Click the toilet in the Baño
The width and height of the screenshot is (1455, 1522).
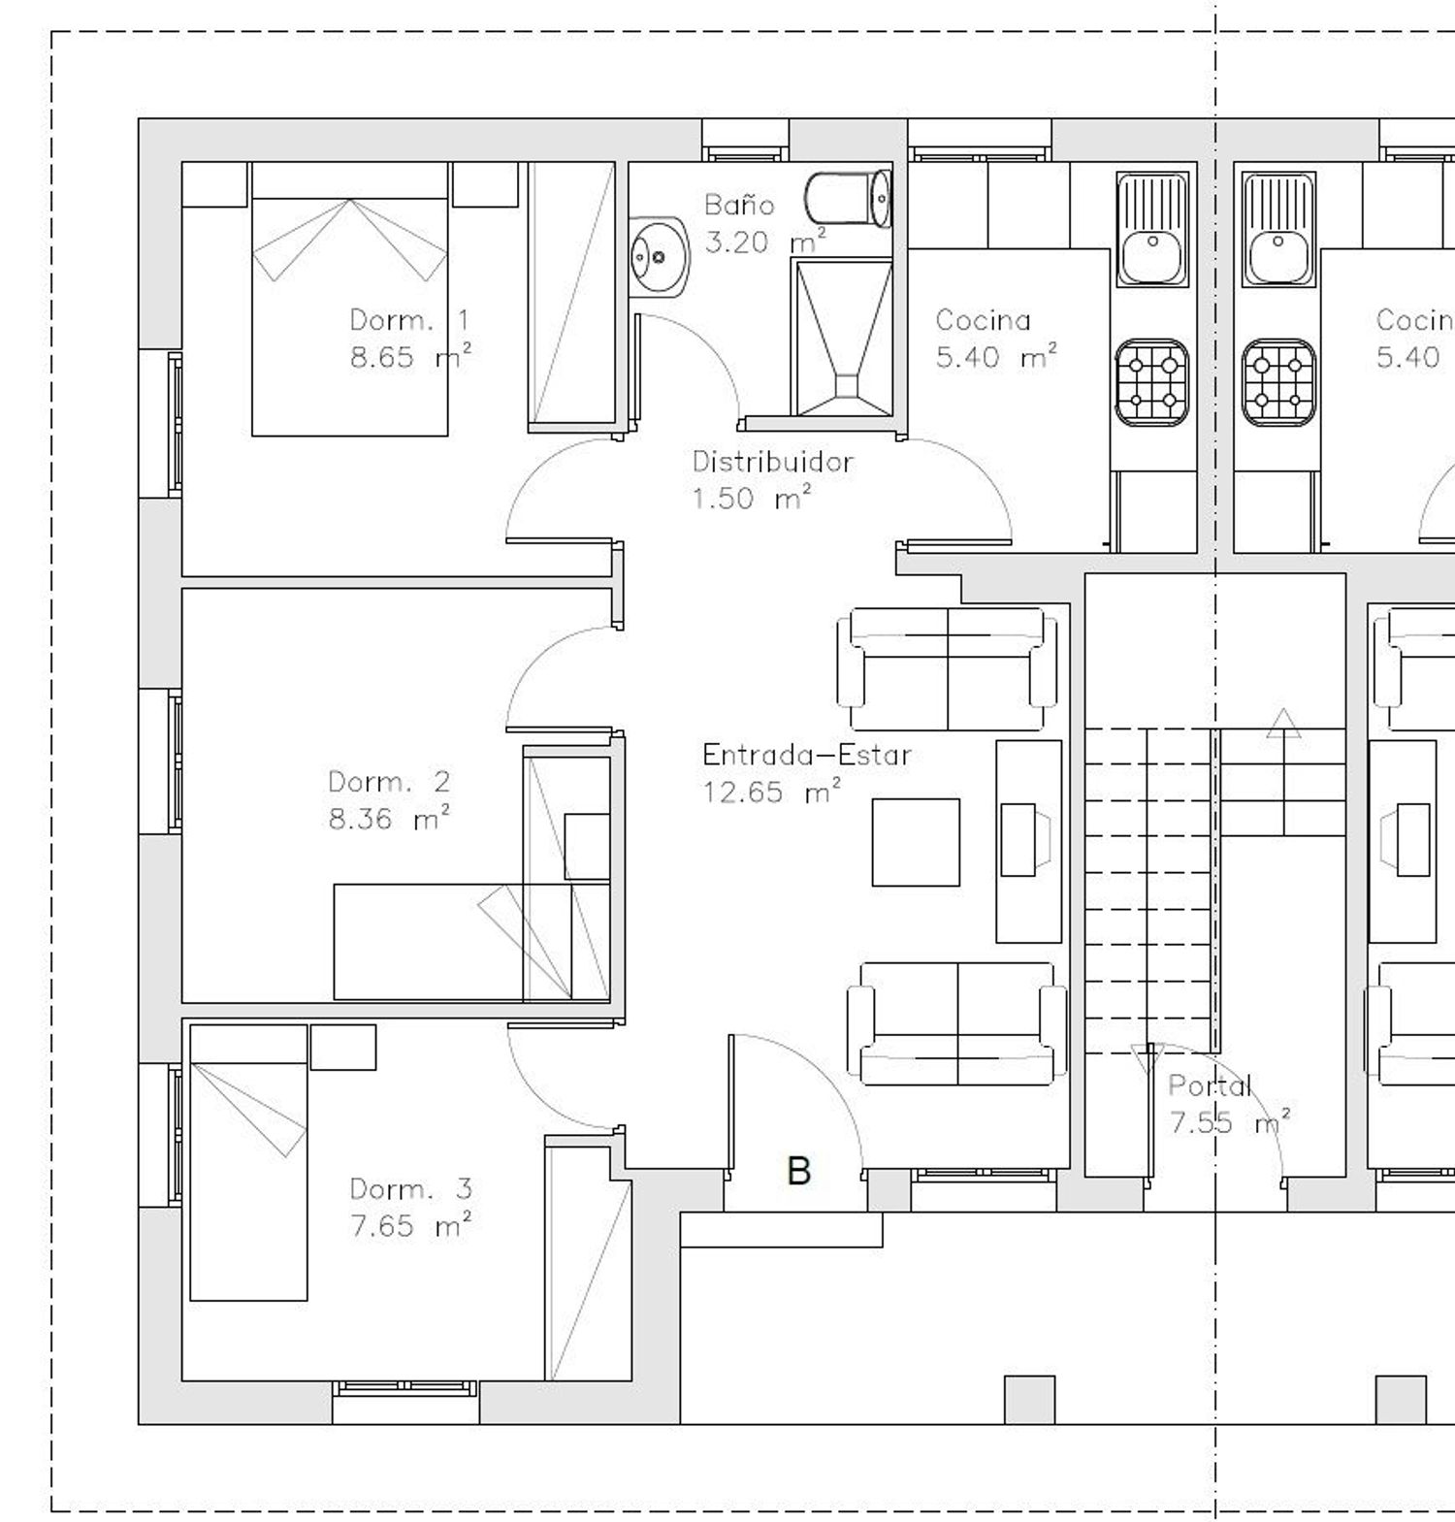tap(848, 199)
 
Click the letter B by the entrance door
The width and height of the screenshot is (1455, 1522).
tap(798, 1171)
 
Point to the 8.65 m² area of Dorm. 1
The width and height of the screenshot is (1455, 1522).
tap(411, 357)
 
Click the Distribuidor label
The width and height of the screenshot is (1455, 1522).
tap(773, 462)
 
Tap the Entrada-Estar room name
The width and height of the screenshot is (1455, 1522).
tap(807, 755)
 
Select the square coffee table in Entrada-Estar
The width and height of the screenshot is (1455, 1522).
tap(916, 842)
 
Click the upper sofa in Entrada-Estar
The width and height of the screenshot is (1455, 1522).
tap(948, 669)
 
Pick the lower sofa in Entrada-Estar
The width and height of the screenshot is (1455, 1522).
tap(957, 1023)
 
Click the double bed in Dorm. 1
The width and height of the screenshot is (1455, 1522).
tap(350, 299)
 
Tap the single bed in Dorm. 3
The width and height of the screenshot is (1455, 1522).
tap(249, 1162)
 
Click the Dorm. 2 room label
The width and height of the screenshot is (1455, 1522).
tap(389, 782)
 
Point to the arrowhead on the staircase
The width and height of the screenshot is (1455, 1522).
tap(1283, 723)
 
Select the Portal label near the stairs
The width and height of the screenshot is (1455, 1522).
tap(1210, 1085)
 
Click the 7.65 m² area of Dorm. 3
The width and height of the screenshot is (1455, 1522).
tap(411, 1226)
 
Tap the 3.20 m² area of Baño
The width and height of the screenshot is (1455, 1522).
tap(765, 242)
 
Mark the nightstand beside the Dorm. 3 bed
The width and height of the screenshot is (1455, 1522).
tap(343, 1048)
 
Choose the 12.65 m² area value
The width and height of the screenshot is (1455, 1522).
tap(772, 793)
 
